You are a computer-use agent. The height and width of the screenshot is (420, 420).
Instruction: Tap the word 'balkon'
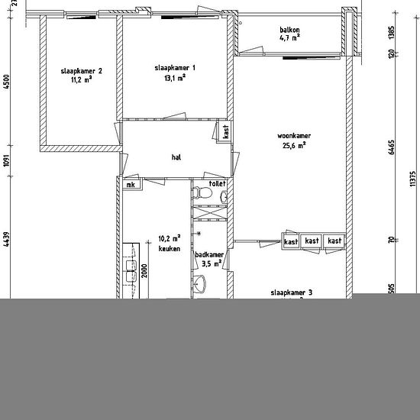pos(289,29)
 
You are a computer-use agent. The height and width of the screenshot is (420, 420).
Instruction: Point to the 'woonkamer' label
pos(294,136)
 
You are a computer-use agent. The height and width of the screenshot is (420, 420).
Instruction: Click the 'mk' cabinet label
pos(131,185)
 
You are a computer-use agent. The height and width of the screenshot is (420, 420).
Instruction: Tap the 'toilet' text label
pos(217,184)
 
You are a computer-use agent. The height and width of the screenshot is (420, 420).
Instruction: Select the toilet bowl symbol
pos(202,195)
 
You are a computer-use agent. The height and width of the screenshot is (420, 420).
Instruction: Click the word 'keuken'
pos(169,248)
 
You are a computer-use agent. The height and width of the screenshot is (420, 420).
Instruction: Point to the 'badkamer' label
pos(208,255)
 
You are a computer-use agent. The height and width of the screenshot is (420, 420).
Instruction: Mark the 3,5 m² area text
pos(211,264)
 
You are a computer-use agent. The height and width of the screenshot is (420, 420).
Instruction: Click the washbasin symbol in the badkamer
pos(200,286)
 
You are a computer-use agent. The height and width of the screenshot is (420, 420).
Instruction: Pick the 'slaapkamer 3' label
pos(292,292)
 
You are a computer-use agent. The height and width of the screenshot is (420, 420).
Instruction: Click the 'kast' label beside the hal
pos(226,131)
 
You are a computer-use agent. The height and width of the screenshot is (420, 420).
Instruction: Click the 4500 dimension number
pos(7,80)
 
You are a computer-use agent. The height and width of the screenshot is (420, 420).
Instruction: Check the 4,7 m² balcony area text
pos(289,37)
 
